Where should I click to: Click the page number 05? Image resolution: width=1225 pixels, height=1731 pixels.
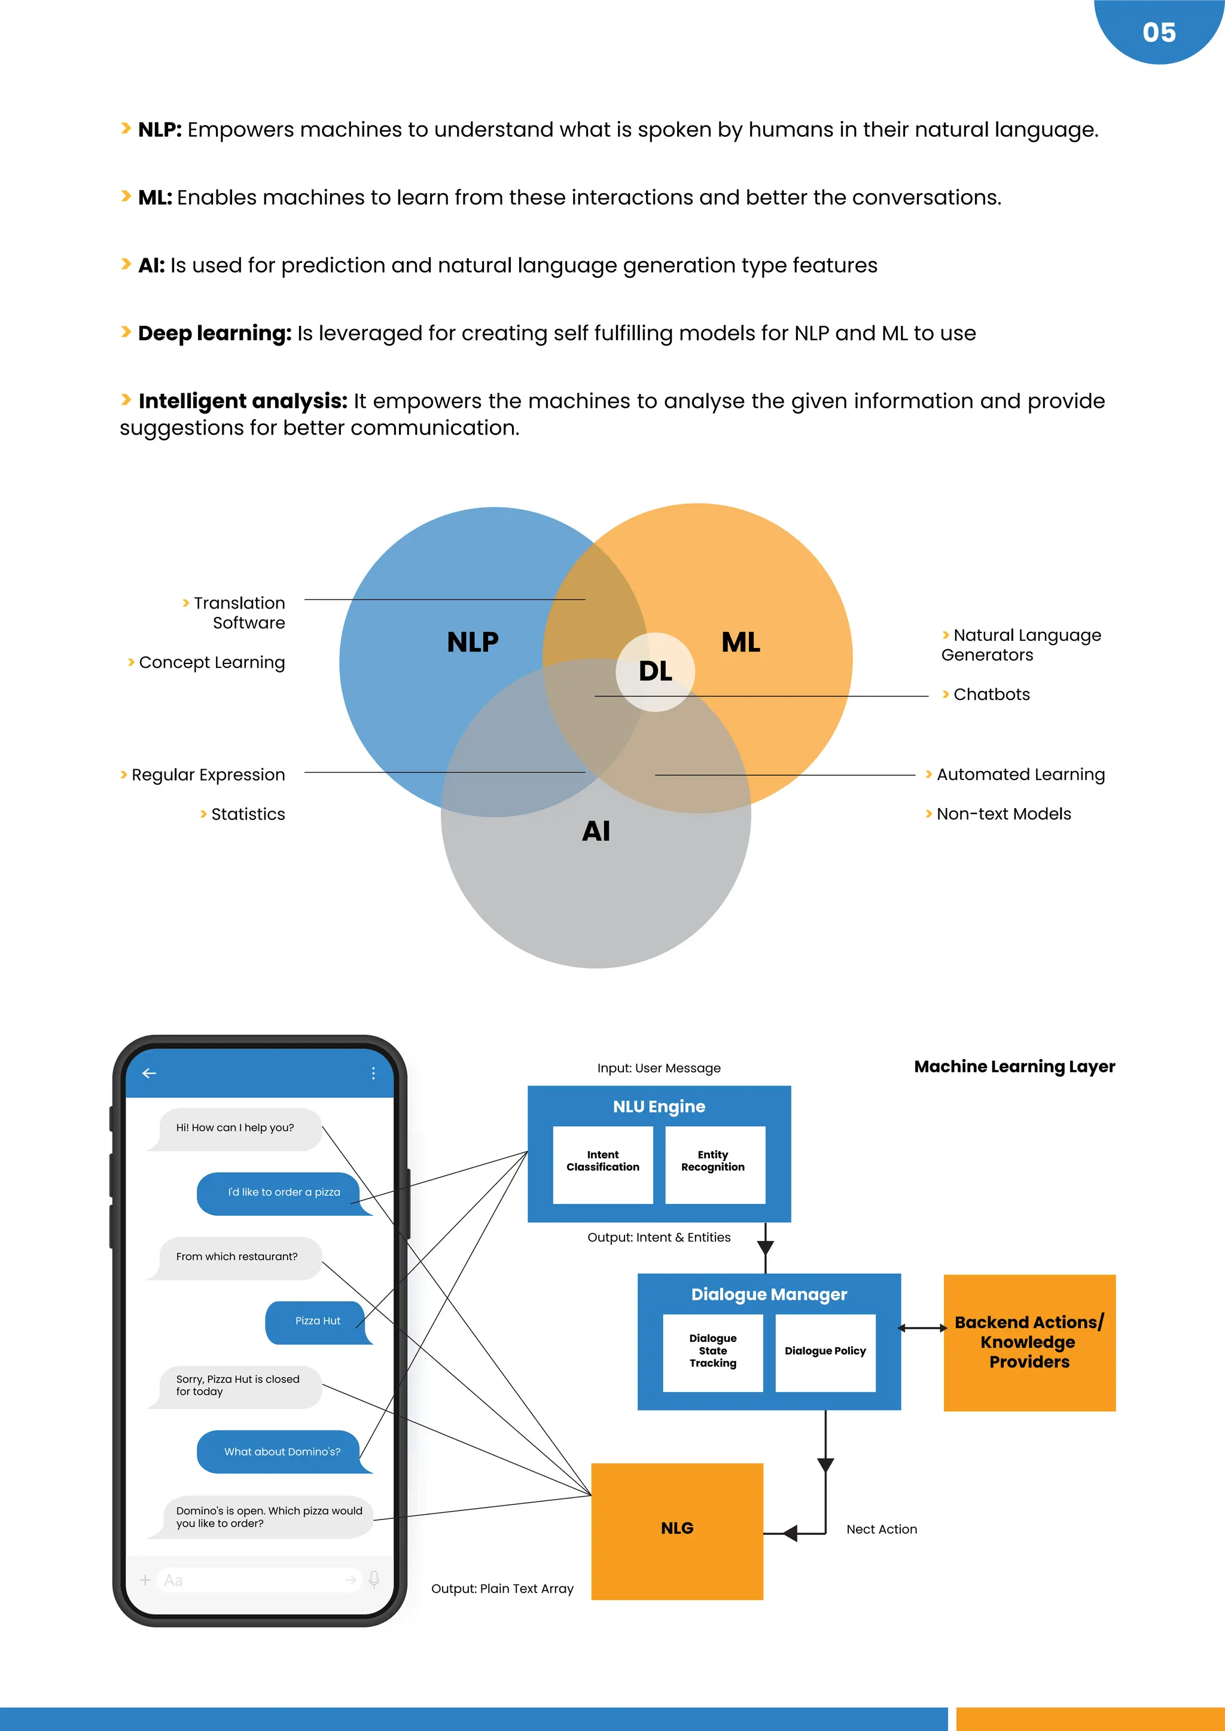1159,32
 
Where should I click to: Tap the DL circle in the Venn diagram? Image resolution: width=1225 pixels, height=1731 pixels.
655,671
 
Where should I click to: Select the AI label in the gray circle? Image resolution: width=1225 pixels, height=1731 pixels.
596,831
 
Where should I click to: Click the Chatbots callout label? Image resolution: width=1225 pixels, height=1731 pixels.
991,695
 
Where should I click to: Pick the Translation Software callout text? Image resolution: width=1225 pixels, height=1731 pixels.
239,613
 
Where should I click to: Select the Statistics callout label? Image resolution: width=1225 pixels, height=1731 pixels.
248,814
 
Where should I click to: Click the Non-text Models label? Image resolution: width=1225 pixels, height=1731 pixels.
1003,814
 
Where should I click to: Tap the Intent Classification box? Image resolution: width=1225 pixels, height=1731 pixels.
603,1165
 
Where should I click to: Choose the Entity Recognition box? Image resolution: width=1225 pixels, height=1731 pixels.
714,1165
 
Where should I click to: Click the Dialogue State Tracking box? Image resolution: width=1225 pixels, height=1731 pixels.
713,1353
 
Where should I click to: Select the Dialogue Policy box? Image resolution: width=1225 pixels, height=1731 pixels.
825,1353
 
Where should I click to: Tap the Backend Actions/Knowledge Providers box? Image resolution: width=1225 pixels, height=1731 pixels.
1029,1342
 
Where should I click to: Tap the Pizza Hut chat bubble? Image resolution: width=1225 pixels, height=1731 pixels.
318,1322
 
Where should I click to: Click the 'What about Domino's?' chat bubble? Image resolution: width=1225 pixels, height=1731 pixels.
282,1452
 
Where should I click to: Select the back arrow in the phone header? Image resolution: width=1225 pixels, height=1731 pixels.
150,1073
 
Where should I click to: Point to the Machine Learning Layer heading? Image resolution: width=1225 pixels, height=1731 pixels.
1014,1067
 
